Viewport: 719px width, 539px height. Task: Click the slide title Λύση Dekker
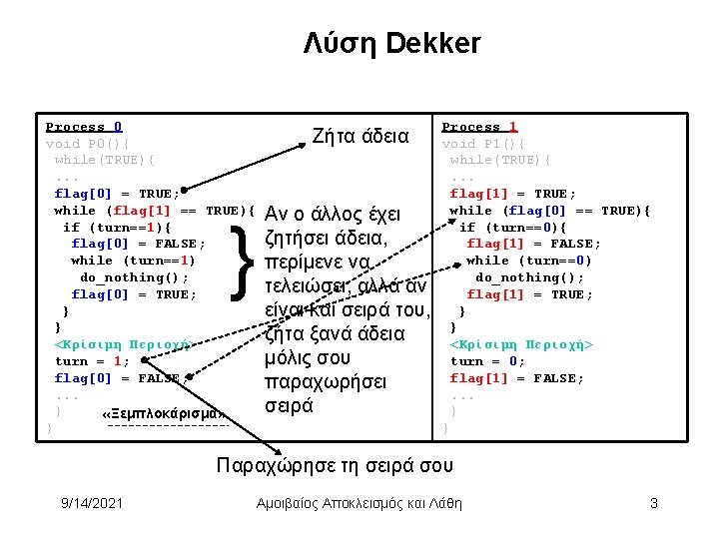coord(392,44)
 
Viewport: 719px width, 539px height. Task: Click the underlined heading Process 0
coord(84,127)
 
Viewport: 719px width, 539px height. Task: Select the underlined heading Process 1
coord(479,127)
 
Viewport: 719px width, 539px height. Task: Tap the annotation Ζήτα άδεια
coord(360,136)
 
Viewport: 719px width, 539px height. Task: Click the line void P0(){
coord(88,144)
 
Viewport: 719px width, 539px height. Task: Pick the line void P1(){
coord(483,144)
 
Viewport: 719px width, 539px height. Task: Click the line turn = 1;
coord(92,361)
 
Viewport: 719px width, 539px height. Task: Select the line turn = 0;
coord(487,361)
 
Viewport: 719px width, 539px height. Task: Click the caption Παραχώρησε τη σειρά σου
coord(335,465)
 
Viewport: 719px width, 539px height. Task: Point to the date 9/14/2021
coord(91,503)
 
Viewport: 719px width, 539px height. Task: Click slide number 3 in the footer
coord(653,503)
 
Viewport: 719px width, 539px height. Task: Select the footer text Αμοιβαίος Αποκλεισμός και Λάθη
coord(359,503)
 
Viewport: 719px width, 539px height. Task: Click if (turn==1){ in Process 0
coord(117,228)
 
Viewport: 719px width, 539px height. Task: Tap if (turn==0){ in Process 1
coord(512,228)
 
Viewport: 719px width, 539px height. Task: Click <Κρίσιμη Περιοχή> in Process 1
coord(521,344)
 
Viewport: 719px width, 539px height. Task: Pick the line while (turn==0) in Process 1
coord(529,261)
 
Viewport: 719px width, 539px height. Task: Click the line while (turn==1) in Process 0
coord(134,261)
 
